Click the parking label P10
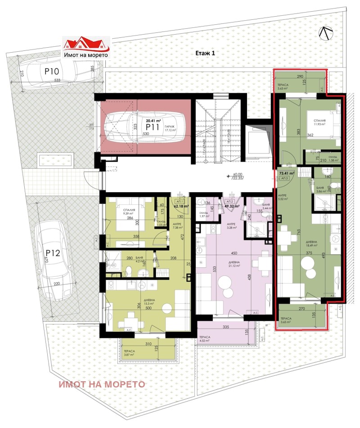coord(51,71)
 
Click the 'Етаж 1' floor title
coord(206,53)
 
